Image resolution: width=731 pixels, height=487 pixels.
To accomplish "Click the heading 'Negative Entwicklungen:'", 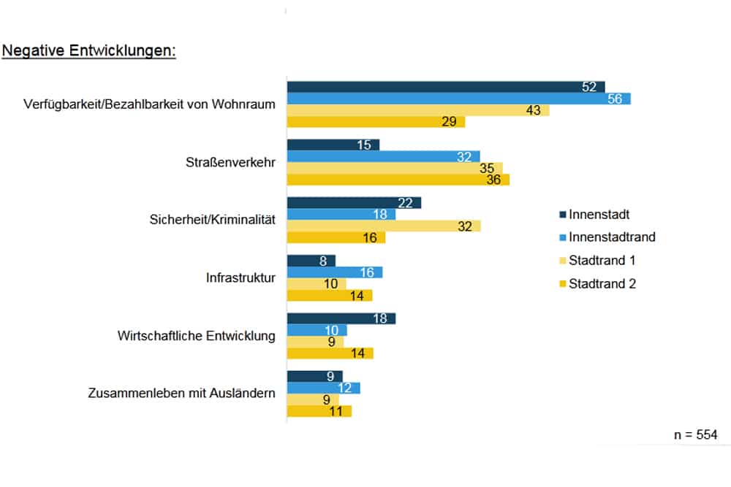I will click(89, 52).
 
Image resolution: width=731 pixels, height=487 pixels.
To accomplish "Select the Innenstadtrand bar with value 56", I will click(458, 99).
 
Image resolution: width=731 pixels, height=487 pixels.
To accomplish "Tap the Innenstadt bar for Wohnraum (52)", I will click(446, 87).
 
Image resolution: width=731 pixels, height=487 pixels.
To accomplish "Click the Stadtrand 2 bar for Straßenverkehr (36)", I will click(398, 180).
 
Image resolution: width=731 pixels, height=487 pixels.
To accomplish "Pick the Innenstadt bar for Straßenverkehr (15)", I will click(333, 145).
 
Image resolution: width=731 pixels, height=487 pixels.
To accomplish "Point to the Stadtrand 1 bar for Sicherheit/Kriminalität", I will click(384, 226).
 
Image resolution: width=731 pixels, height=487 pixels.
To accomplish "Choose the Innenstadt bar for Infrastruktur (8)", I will click(311, 261).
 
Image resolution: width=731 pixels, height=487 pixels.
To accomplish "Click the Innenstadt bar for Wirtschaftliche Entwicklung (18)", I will click(341, 318).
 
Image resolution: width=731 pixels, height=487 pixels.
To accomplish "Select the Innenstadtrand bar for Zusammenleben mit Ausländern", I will click(323, 388).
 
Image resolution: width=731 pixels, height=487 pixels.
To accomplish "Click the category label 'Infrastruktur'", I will click(241, 278).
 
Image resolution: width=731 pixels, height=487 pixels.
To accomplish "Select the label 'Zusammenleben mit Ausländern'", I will click(181, 394).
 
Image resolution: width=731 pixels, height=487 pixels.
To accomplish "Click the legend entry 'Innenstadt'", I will click(599, 215).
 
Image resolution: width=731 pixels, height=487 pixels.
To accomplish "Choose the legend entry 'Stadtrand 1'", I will click(602, 261).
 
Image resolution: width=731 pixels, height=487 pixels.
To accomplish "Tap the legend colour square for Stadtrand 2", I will click(562, 284).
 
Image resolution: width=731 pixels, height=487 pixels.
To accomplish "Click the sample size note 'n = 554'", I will click(695, 435).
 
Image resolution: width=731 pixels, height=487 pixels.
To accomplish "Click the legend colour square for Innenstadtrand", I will click(562, 237).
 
